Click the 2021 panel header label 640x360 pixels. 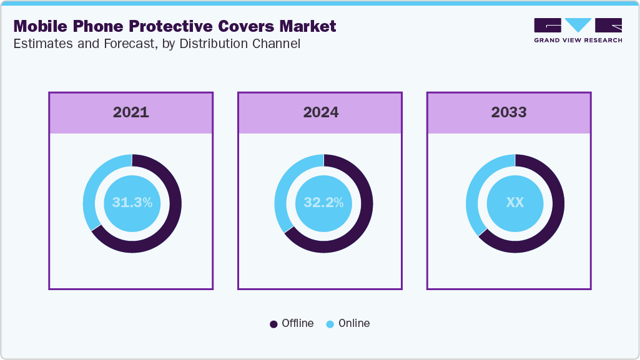(131, 112)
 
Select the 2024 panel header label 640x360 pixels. (320, 112)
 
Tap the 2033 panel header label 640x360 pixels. (509, 112)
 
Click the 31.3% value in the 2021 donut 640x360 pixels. (132, 203)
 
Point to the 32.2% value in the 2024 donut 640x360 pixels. (323, 203)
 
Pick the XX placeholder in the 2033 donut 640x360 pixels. (515, 203)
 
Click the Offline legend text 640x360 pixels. (297, 323)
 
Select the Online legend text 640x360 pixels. (354, 323)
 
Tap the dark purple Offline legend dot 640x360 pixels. (273, 324)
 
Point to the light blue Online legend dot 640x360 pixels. (330, 324)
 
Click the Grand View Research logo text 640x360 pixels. (578, 40)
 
